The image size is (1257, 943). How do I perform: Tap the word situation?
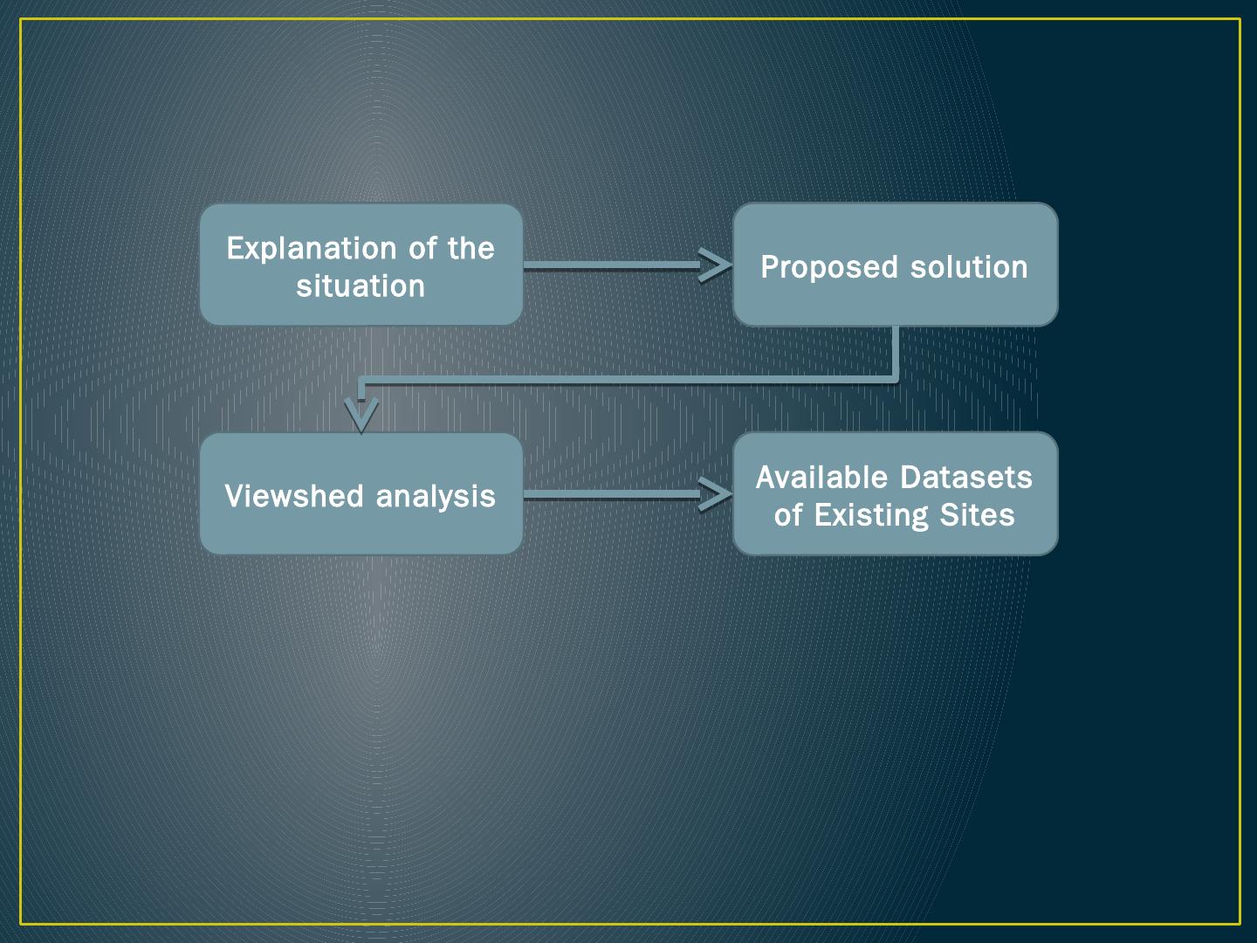(x=361, y=286)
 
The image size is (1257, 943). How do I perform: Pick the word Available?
(x=821, y=478)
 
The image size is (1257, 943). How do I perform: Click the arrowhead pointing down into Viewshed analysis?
(x=361, y=414)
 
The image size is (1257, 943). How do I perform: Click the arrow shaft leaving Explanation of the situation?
(x=611, y=265)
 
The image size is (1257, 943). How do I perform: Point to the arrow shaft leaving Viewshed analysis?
(x=611, y=495)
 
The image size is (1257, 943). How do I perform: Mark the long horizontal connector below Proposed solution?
(x=628, y=380)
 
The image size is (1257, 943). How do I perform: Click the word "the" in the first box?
(x=471, y=249)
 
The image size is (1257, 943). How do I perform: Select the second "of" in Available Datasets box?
(x=787, y=515)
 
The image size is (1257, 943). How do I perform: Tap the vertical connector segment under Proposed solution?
(x=895, y=353)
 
